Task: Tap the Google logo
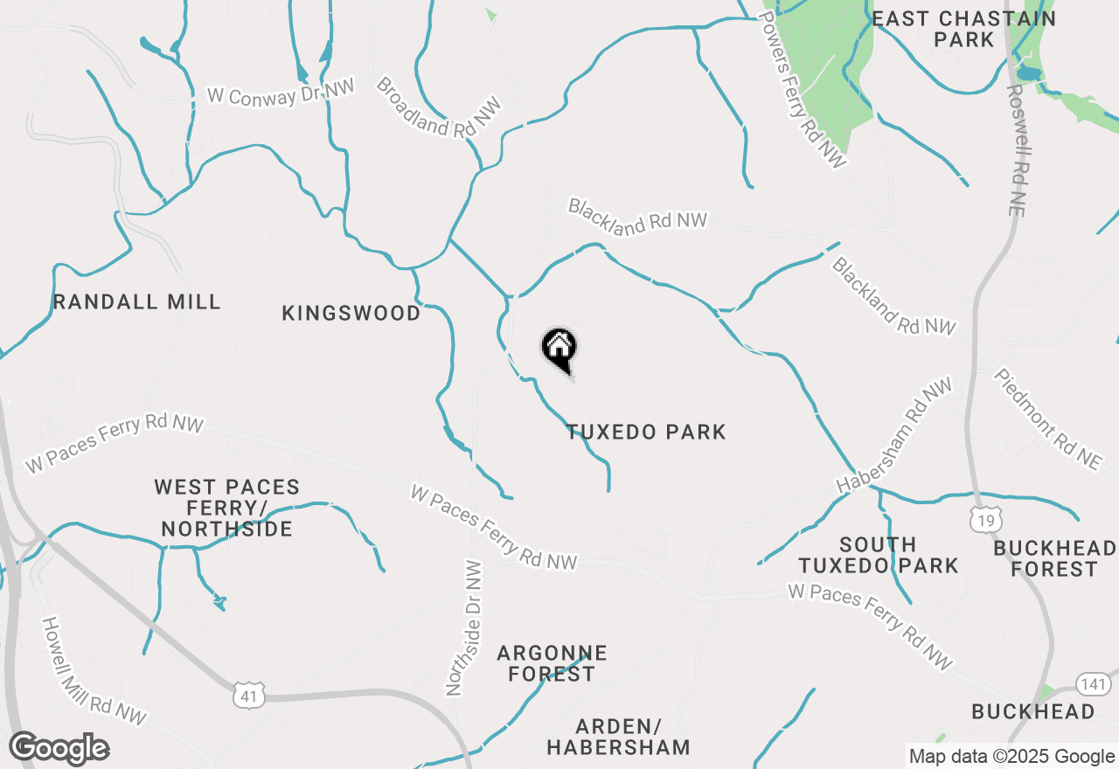(59, 749)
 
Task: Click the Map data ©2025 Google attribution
(1011, 757)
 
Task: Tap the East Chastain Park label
(963, 29)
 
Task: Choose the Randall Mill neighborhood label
(136, 302)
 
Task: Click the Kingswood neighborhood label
(351, 313)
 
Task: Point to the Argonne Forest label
(552, 663)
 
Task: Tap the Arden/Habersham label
(618, 737)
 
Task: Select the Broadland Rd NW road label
(440, 107)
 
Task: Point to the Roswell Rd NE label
(1019, 149)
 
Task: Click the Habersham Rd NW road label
(893, 435)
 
